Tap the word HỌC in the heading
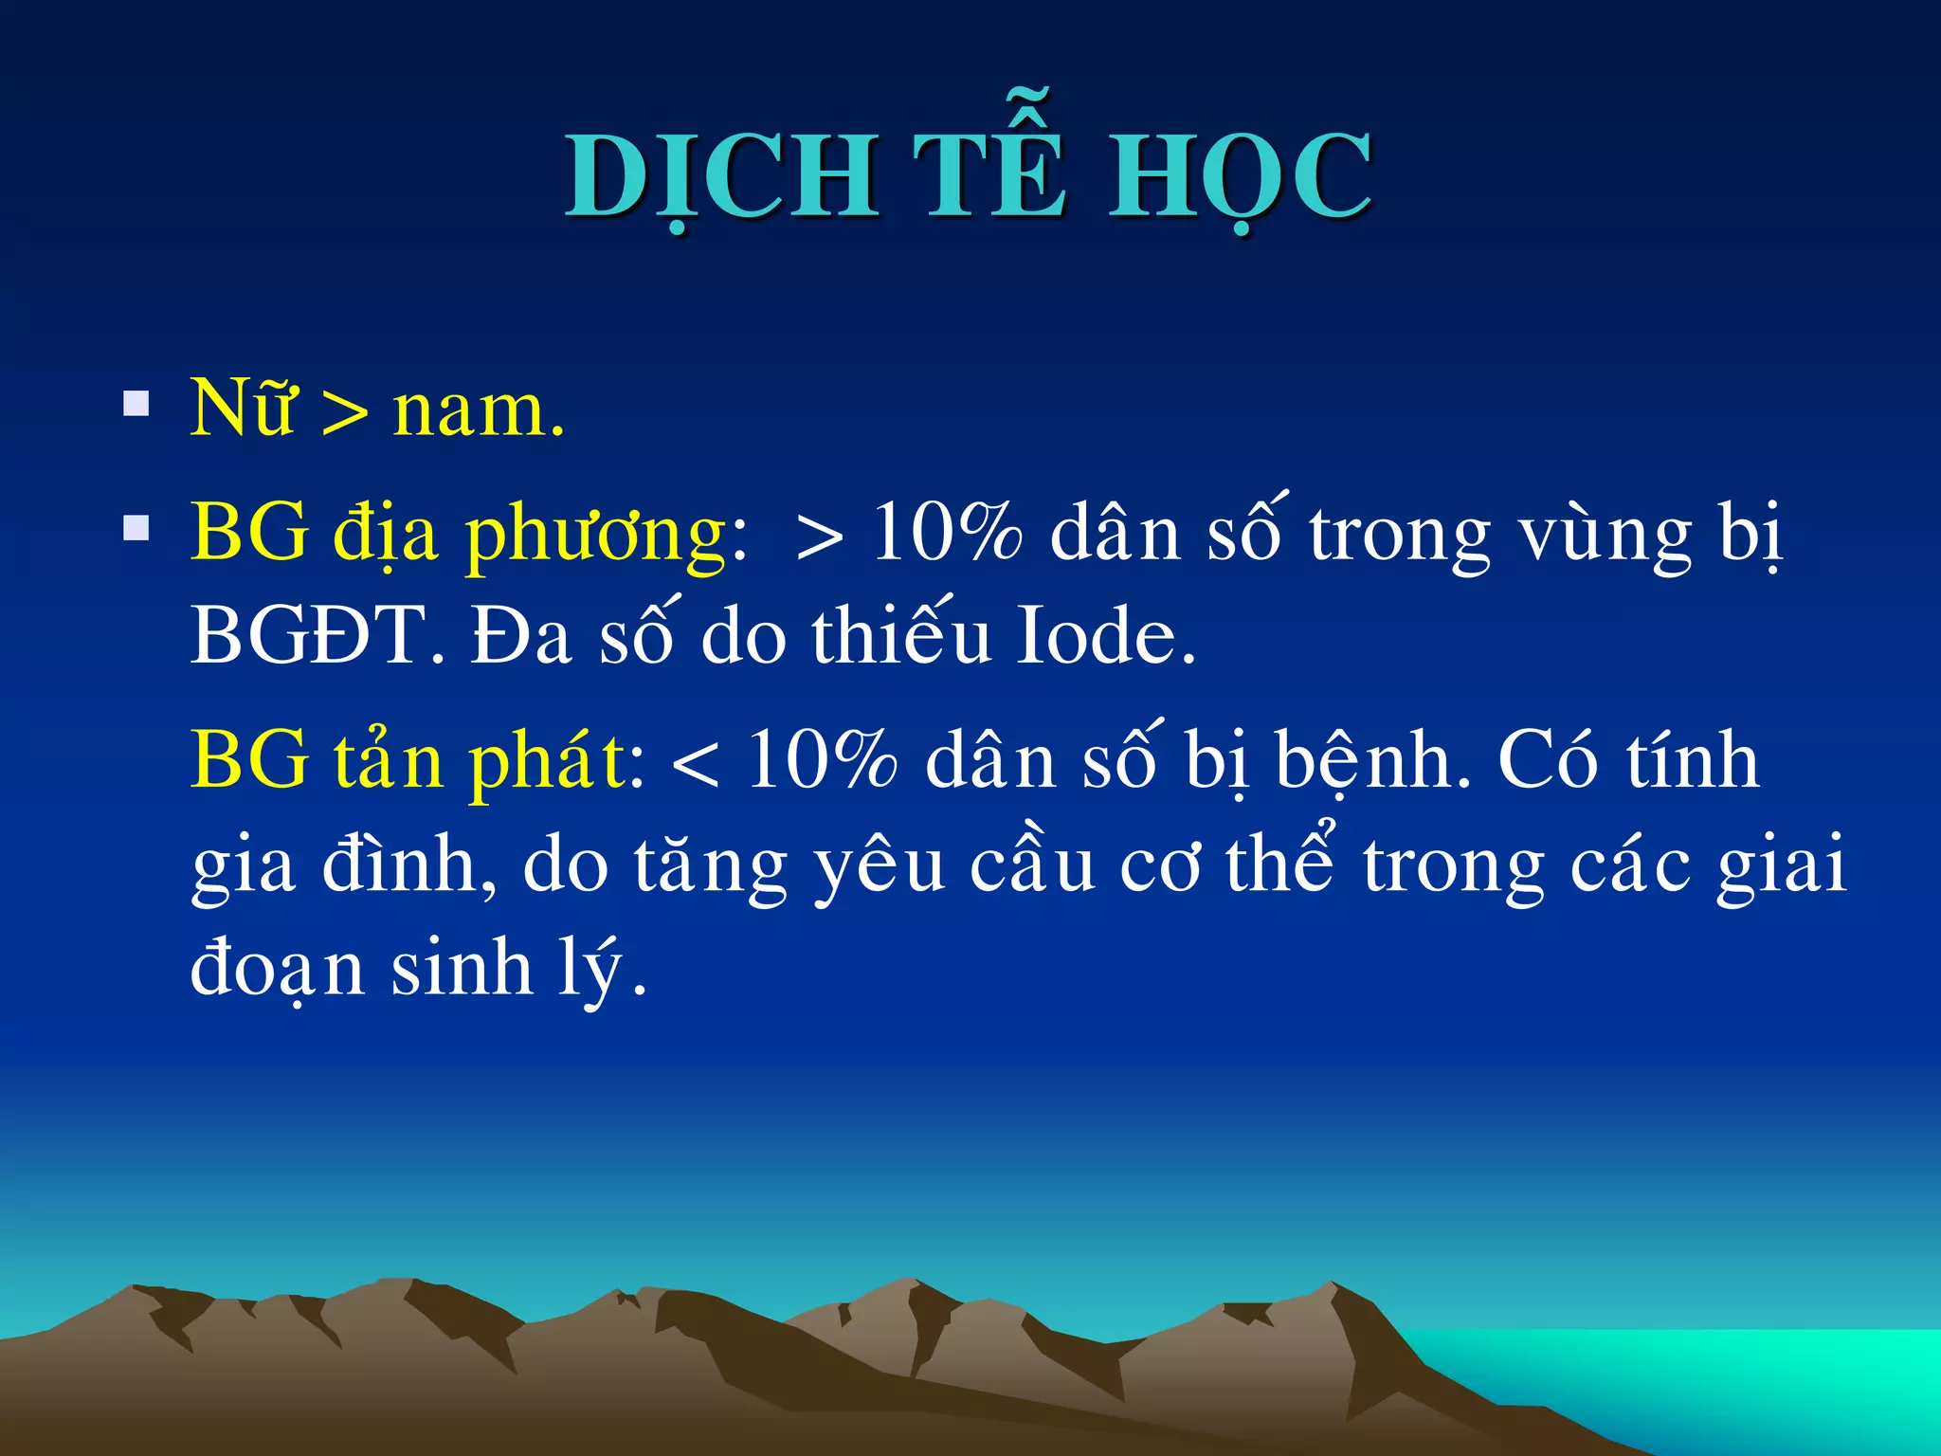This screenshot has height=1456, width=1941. pos(1241,177)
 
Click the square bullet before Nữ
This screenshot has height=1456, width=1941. pos(136,406)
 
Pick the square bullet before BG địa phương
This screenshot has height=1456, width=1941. pos(136,527)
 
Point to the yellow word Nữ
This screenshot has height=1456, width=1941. pos(243,409)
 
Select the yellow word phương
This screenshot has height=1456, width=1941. pos(597,536)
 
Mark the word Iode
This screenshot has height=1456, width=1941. pos(1105,636)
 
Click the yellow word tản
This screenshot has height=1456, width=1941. pos(389,760)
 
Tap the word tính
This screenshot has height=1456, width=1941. pos(1693,760)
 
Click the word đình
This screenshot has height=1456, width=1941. pos(408,864)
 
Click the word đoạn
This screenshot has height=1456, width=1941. pos(278,969)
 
